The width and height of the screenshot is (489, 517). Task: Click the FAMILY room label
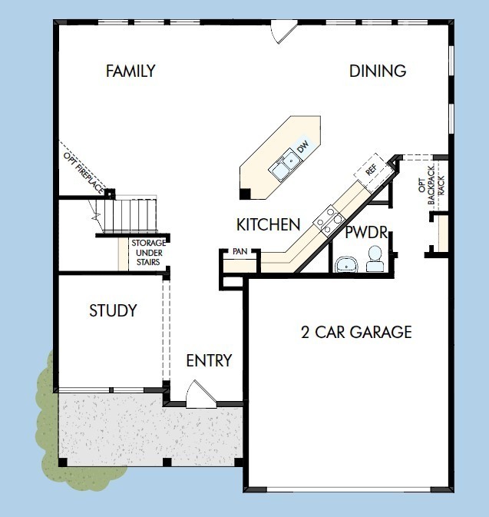tap(131, 71)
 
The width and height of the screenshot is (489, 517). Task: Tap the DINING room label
tap(377, 71)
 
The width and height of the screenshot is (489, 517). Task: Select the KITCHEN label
tap(267, 225)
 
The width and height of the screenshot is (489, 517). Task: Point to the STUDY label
tap(113, 311)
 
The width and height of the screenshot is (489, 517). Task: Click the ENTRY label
tap(209, 360)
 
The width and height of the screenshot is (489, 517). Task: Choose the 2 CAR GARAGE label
tap(355, 333)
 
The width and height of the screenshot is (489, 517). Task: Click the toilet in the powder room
tap(375, 260)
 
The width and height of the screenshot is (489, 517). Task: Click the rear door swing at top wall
tap(283, 30)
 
